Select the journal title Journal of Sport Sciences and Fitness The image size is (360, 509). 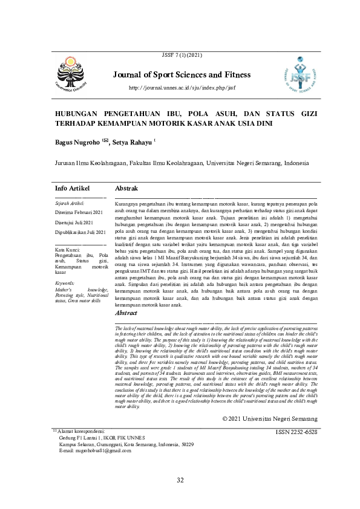tap(182, 76)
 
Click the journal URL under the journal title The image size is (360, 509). tap(182, 88)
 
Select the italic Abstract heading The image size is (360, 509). tap(126, 313)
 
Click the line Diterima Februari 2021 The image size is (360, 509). tap(80, 213)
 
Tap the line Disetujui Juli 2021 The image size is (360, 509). tap(75, 222)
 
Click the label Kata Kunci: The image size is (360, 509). tap(68, 250)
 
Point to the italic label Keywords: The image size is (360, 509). tap(65, 283)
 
